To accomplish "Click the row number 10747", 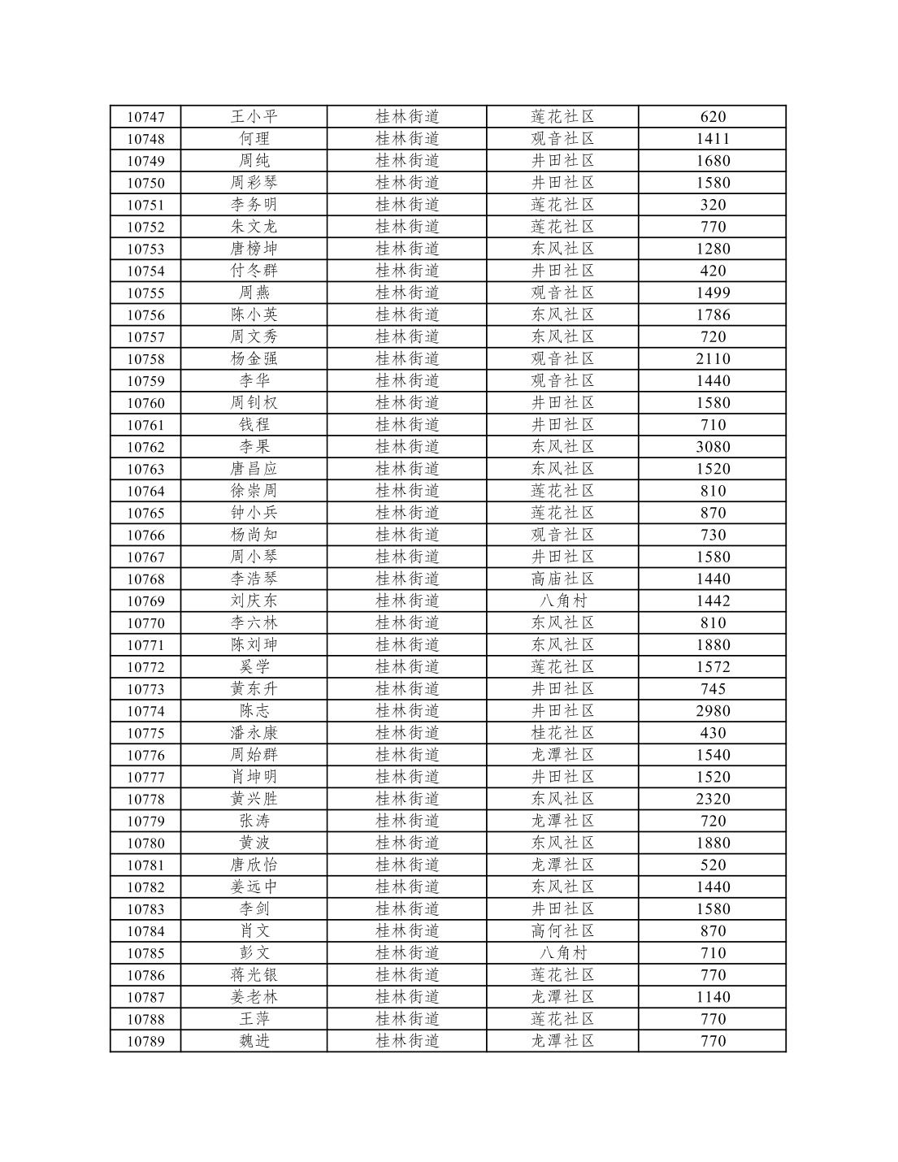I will click(x=145, y=117).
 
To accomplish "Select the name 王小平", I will click(x=254, y=117).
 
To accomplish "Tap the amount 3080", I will click(x=713, y=447).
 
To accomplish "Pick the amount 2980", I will click(x=713, y=711).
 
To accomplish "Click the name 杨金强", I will click(x=254, y=359).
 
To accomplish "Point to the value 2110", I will click(x=713, y=359).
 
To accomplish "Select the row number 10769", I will click(x=145, y=601).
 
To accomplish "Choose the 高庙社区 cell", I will click(x=562, y=579).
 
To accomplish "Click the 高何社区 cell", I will click(x=562, y=931).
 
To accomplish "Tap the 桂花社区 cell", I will click(x=562, y=733).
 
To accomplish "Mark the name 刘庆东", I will click(x=254, y=601).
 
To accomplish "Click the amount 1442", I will click(x=713, y=601).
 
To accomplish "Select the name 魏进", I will click(x=254, y=1041).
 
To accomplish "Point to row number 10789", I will click(x=145, y=1041).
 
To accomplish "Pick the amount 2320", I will click(x=713, y=799).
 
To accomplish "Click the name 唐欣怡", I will click(x=254, y=865).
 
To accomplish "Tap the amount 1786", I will click(x=713, y=315).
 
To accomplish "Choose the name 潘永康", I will click(x=254, y=733).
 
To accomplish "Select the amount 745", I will click(x=713, y=689).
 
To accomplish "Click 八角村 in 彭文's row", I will click(x=562, y=953).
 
